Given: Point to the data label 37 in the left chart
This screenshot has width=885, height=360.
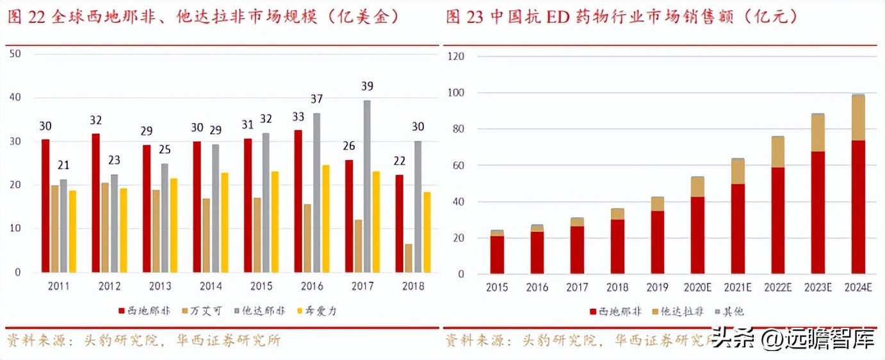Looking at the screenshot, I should (316, 99).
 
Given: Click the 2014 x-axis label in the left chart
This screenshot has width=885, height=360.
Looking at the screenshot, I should (210, 286).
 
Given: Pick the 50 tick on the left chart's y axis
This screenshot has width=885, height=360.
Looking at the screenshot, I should (16, 54).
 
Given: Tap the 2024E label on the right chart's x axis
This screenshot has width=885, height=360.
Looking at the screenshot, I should (857, 288).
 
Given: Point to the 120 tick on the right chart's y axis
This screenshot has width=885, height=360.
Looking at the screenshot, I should (455, 56).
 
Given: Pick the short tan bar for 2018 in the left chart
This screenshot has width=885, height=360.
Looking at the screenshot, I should (409, 258).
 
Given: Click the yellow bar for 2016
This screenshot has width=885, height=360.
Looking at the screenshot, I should (325, 218).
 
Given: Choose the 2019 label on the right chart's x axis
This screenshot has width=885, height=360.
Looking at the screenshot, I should (657, 288).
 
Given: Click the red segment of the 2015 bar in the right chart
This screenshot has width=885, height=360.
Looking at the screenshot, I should (497, 255).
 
